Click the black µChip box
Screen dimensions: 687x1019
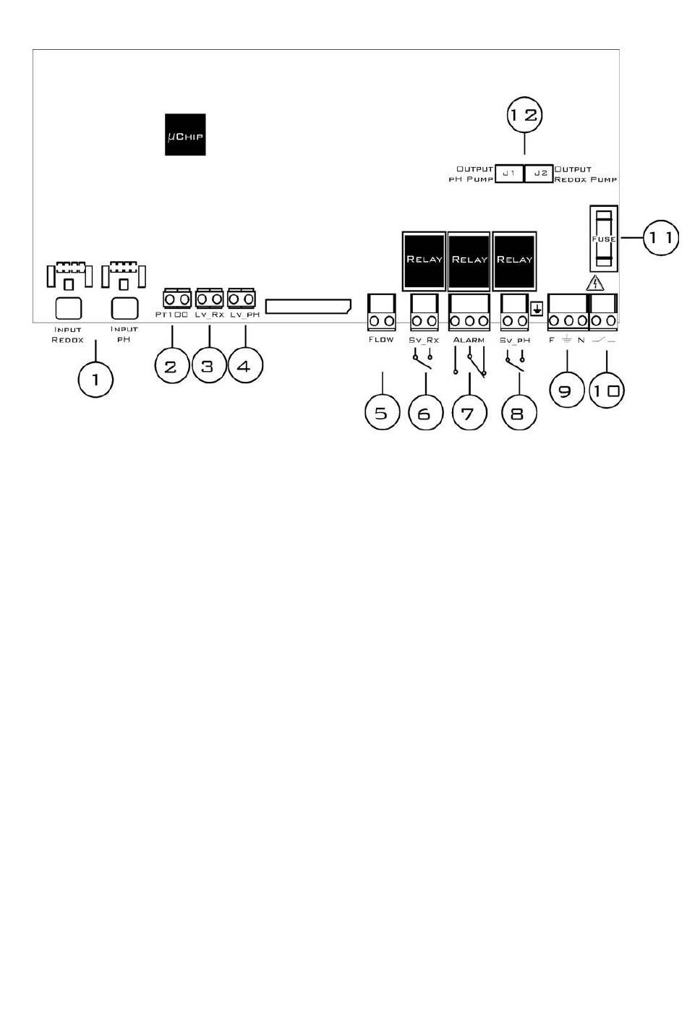click(185, 135)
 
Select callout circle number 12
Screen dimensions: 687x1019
click(524, 114)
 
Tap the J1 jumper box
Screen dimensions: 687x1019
click(509, 174)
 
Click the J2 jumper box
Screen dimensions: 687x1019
click(539, 174)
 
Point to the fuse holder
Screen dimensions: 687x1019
click(603, 239)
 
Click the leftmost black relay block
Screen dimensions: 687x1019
click(424, 260)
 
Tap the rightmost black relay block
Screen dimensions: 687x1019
click(514, 260)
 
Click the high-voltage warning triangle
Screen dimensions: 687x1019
click(594, 283)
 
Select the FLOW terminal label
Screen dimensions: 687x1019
click(381, 339)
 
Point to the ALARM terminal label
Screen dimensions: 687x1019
click(469, 340)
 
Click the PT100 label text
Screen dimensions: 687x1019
click(172, 315)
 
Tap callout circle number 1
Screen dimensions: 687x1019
click(96, 378)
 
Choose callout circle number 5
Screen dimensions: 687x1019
click(382, 413)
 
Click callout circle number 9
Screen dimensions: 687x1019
click(566, 391)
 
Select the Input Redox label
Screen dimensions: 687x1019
click(68, 335)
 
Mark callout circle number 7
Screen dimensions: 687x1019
click(469, 413)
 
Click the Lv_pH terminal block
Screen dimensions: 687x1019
click(242, 299)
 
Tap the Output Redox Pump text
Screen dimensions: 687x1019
click(585, 174)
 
